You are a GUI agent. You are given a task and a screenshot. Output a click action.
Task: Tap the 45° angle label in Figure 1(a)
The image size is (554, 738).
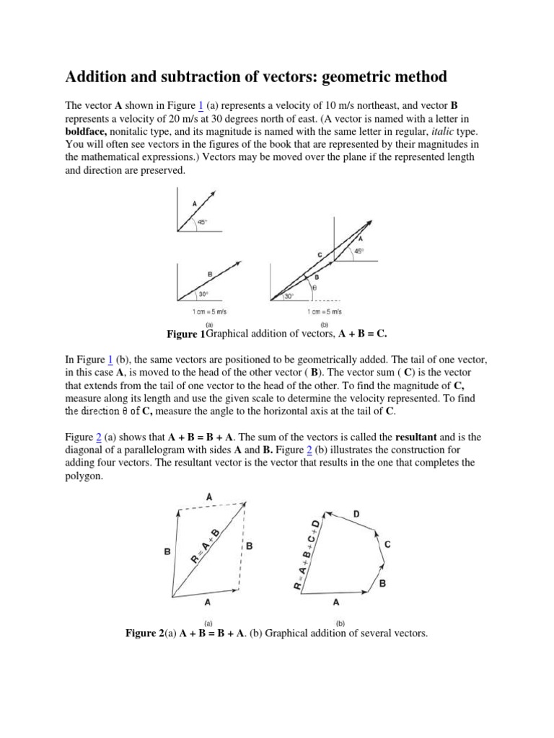pyautogui.click(x=203, y=222)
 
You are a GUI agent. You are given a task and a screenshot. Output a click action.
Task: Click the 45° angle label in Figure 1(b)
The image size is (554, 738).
pyautogui.click(x=359, y=251)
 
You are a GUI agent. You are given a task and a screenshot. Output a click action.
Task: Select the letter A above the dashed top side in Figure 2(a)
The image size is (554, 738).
pyautogui.click(x=209, y=497)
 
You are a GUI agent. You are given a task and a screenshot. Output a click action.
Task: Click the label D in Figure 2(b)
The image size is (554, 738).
pyautogui.click(x=356, y=514)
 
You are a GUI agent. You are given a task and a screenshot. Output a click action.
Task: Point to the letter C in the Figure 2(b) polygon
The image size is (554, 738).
pyautogui.click(x=387, y=546)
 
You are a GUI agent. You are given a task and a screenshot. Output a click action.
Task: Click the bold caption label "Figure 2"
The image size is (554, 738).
pyautogui.click(x=145, y=633)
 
